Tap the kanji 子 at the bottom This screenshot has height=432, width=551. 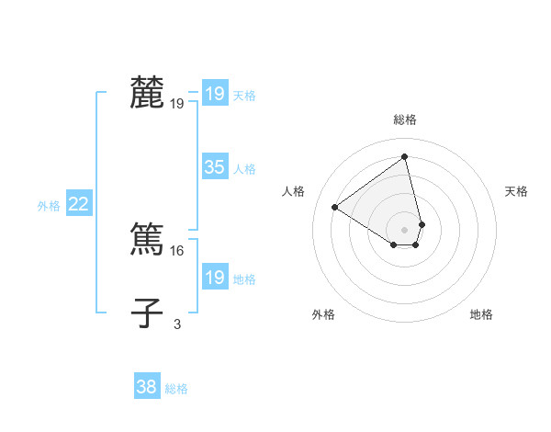[x=147, y=313]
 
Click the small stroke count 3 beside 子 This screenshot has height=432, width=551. [x=177, y=324]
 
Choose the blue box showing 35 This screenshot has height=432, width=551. [x=215, y=167]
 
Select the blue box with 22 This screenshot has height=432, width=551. [x=78, y=205]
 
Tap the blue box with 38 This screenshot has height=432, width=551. [x=147, y=387]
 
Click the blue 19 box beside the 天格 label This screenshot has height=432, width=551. [x=215, y=94]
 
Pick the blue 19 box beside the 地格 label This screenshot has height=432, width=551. [x=215, y=278]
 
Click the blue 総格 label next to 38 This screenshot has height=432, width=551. [x=176, y=389]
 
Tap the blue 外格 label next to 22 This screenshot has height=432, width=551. [x=49, y=206]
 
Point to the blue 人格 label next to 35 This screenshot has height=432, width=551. [x=244, y=169]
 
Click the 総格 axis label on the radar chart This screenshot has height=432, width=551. [x=405, y=119]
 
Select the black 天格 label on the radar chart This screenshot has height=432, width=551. [x=516, y=191]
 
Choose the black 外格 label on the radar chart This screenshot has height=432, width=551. [x=323, y=314]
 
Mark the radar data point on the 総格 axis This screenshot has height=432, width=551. [x=405, y=156]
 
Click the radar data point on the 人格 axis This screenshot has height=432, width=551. [x=335, y=207]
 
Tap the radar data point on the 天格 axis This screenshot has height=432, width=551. [x=422, y=224]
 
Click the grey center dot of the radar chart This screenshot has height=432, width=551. [x=405, y=229]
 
